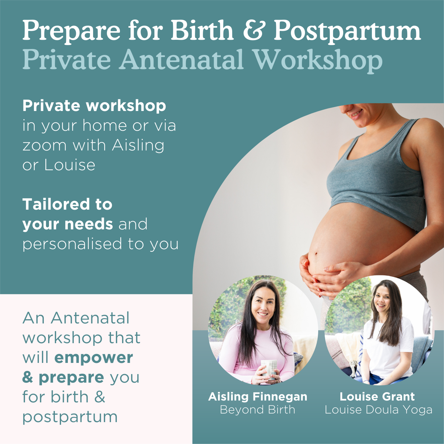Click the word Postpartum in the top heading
pyautogui.click(x=347, y=31)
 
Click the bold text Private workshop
pyautogui.click(x=94, y=106)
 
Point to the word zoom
pyautogui.click(x=44, y=145)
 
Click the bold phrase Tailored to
pyautogui.click(x=67, y=204)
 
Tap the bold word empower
pyautogui.click(x=94, y=358)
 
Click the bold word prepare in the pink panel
pyautogui.click(x=71, y=377)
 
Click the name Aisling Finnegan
pyautogui.click(x=258, y=397)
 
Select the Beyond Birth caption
pyautogui.click(x=258, y=410)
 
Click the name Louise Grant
pyautogui.click(x=377, y=397)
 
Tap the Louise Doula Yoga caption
pyautogui.click(x=378, y=410)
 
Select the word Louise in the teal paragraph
pyautogui.click(x=70, y=165)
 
